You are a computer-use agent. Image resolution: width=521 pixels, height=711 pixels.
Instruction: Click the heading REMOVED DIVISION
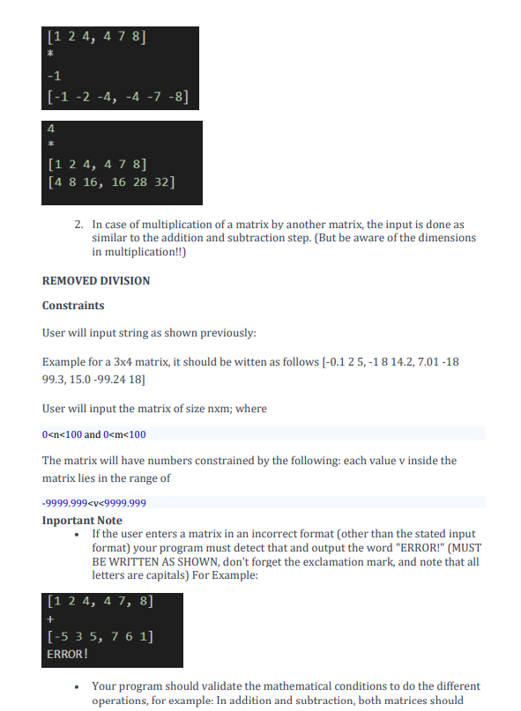(x=96, y=281)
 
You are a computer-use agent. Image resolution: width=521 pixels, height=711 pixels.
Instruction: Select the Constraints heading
(x=73, y=306)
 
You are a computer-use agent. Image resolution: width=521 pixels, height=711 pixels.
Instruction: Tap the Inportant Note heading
(x=82, y=521)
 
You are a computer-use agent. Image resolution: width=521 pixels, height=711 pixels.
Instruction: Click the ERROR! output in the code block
(x=67, y=655)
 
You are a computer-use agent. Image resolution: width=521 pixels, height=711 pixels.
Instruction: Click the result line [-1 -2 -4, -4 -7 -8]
(x=117, y=96)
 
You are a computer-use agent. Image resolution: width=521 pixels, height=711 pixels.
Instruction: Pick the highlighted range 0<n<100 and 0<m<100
(x=93, y=433)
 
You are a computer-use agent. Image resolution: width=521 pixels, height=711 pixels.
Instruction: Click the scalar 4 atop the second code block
(x=50, y=128)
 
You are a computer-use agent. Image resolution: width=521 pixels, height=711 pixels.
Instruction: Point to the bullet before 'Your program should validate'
(x=80, y=687)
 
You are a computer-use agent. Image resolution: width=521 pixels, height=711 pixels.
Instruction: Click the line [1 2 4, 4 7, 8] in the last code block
(x=99, y=603)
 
